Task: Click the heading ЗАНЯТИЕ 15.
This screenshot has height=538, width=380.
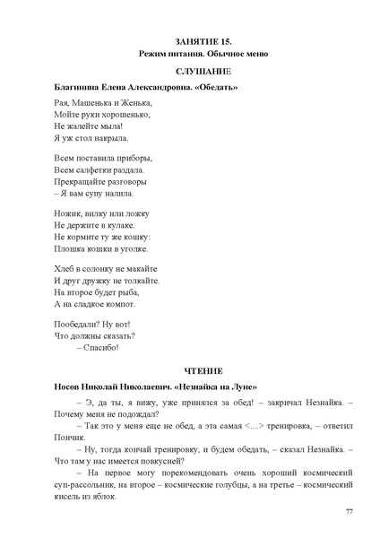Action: (189, 43)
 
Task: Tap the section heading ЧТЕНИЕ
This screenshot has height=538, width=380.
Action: (190, 370)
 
